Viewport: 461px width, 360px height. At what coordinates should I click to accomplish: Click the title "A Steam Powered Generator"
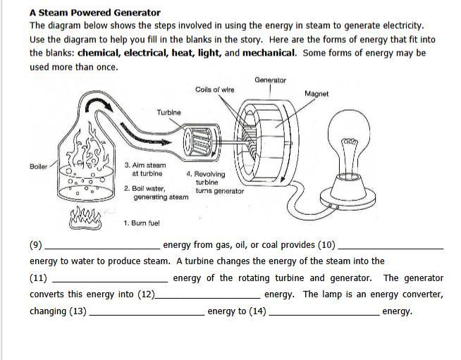pos(95,12)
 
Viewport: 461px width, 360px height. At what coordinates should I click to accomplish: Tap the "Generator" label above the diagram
pos(271,80)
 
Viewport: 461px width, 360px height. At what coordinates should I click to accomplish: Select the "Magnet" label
pos(316,94)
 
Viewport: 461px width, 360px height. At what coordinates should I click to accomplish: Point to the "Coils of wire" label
pos(215,89)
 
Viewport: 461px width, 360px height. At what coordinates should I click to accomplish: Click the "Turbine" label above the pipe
pos(168,112)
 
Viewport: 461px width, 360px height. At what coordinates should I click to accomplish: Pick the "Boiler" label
pos(39,166)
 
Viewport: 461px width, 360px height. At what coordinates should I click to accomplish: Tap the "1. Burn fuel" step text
pos(142,223)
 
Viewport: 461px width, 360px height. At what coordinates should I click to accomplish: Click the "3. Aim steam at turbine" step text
pos(145,169)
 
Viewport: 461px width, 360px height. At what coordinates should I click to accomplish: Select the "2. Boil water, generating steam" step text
pos(156,192)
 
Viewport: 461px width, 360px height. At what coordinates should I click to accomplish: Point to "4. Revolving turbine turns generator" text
pos(215,182)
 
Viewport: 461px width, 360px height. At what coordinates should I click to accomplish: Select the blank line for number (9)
pos(102,248)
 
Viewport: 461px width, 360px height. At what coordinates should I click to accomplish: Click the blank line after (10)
pos(391,248)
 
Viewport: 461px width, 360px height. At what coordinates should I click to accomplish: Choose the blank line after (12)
pos(208,298)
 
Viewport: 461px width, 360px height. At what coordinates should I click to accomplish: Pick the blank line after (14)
pos(324,314)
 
